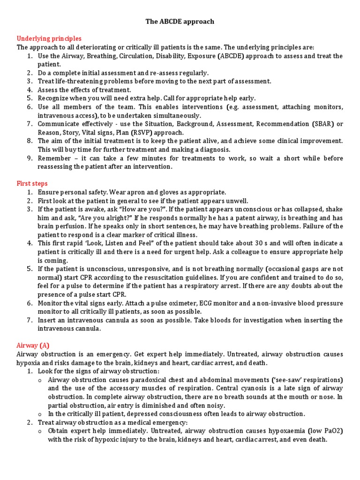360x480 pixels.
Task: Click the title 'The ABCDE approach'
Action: coord(180,22)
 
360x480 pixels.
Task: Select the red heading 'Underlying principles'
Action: coord(49,38)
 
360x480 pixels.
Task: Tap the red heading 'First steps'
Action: coord(32,183)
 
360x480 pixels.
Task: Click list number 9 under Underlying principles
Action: coord(29,158)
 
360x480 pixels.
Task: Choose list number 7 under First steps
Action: coord(29,320)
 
